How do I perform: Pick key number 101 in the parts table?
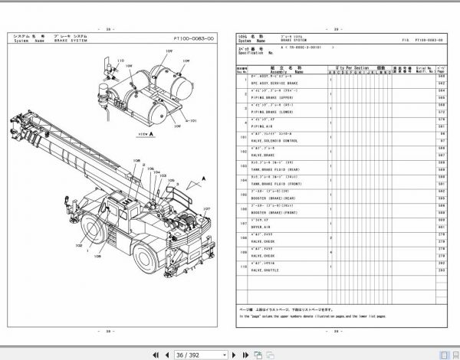click(243, 138)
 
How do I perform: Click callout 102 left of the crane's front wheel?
click(79, 245)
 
